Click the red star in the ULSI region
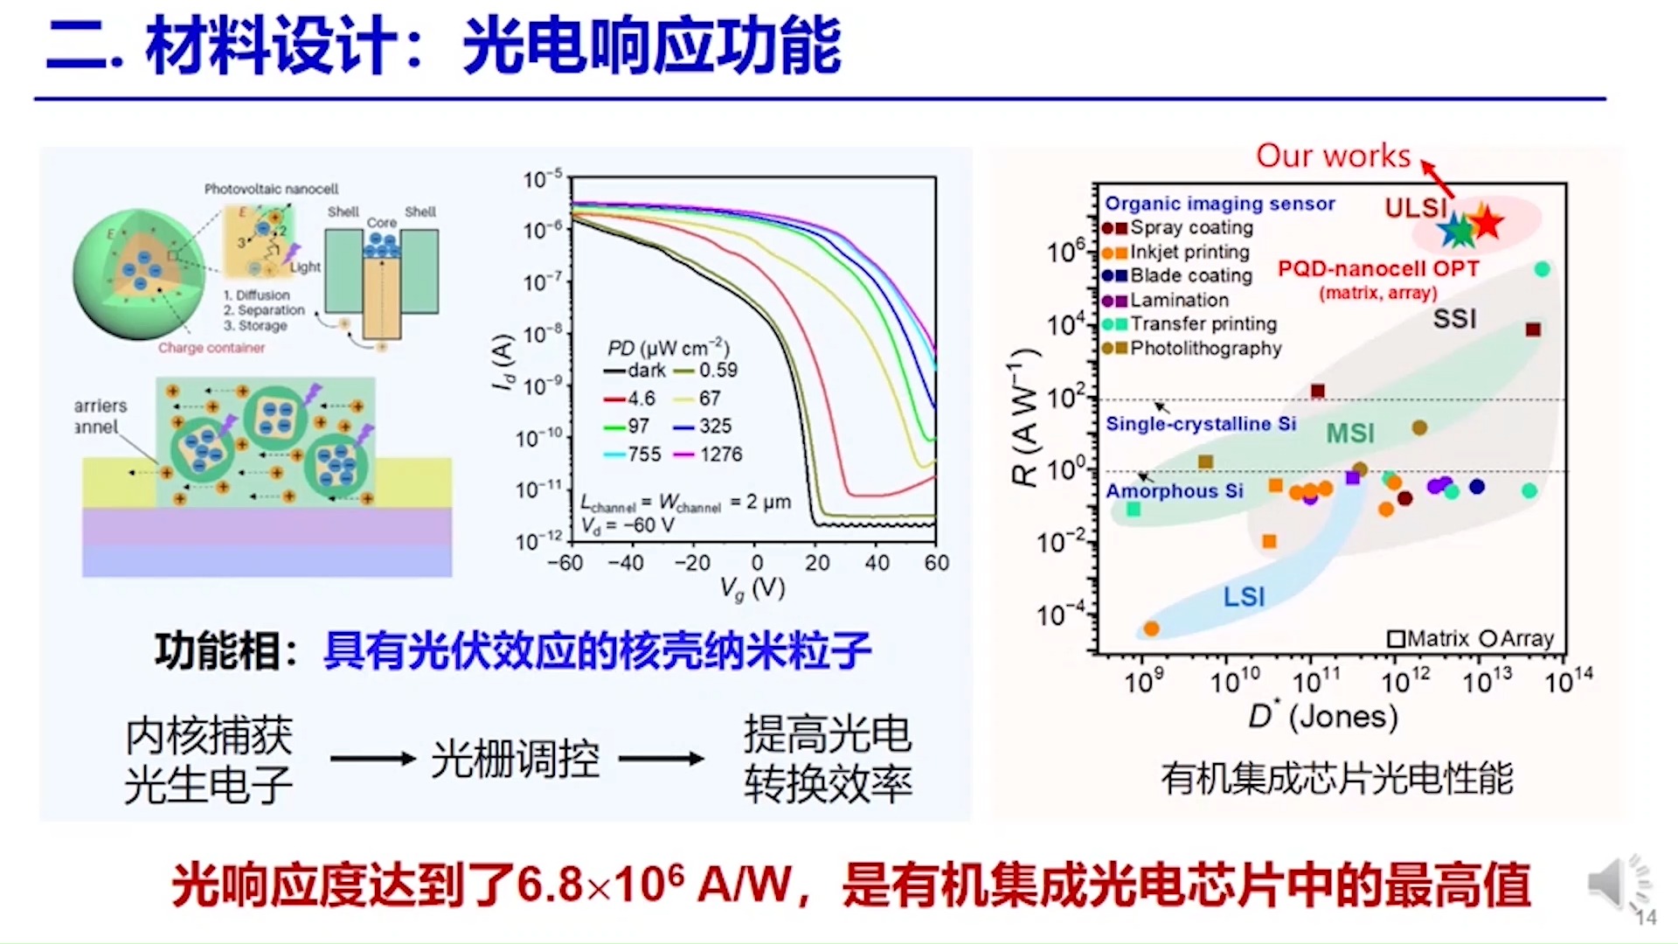(x=1486, y=223)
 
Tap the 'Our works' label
(x=1333, y=156)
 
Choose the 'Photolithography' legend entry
(x=1204, y=349)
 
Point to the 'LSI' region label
(x=1244, y=597)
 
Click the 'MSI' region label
(x=1350, y=434)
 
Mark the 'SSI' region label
(x=1454, y=319)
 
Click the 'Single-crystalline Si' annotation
(x=1200, y=424)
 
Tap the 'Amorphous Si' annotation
(x=1174, y=491)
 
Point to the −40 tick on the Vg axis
(x=626, y=563)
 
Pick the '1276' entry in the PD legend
(x=719, y=455)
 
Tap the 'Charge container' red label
(x=211, y=348)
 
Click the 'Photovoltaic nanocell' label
(x=271, y=189)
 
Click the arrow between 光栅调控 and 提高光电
(x=661, y=759)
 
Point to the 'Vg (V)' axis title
(x=752, y=588)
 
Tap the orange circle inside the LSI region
(x=1151, y=628)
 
